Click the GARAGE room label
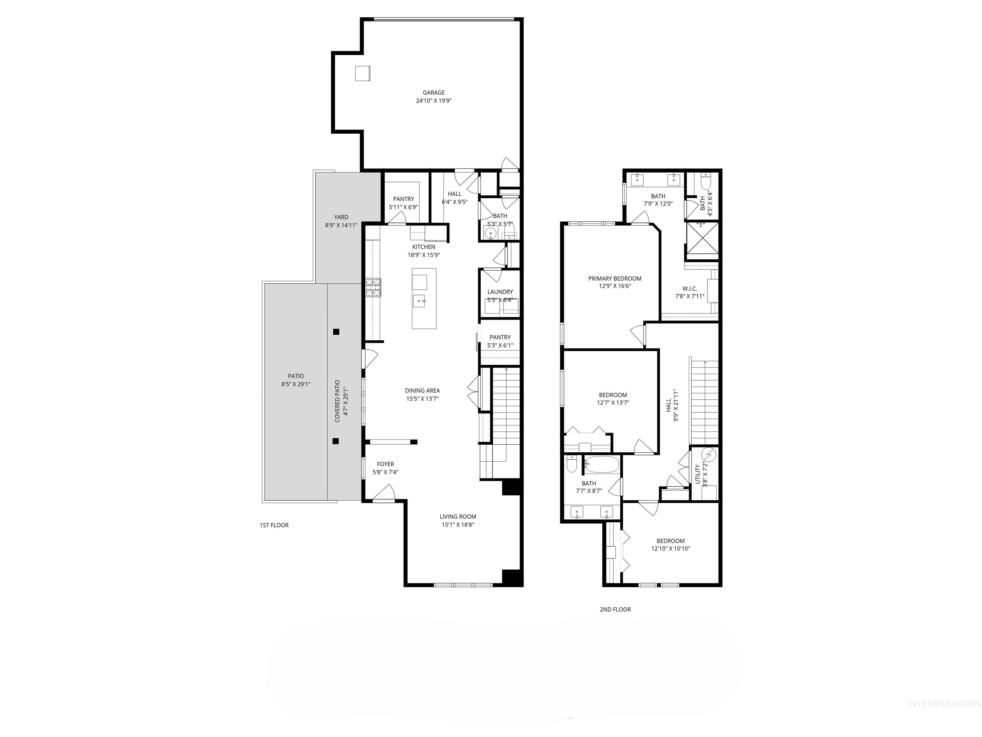[x=433, y=92]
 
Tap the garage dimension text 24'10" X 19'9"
[x=433, y=101]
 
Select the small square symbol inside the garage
[x=362, y=73]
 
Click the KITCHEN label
[x=424, y=247]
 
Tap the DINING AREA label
[x=422, y=391]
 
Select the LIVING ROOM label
[x=458, y=517]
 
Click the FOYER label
[x=385, y=464]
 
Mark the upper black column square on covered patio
[x=336, y=331]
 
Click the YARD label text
[x=341, y=217]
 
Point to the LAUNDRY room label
[x=500, y=292]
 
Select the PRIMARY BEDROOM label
[x=614, y=279]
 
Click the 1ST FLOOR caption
[x=274, y=525]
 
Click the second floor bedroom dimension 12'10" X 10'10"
[x=670, y=549]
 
